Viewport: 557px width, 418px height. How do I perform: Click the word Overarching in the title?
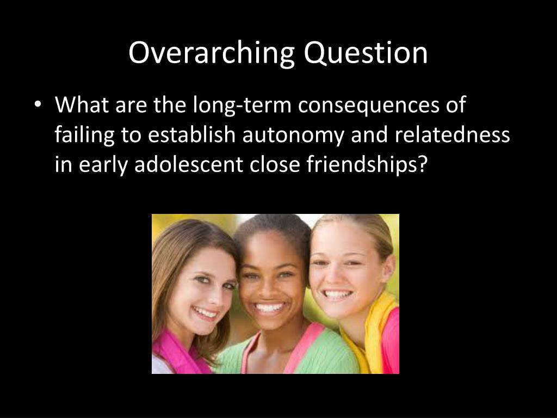click(x=212, y=53)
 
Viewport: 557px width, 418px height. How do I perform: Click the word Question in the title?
click(x=366, y=53)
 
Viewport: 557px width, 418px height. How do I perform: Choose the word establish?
click(x=191, y=135)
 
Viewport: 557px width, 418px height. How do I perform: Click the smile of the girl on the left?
click(x=205, y=313)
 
